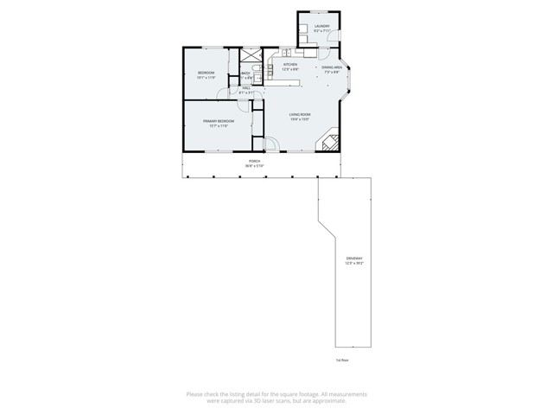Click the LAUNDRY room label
click(309, 27)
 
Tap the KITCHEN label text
click(290, 65)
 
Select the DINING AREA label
click(332, 67)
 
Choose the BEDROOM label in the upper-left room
click(206, 72)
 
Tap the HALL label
click(246, 87)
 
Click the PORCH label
click(255, 161)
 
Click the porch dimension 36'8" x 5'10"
click(255, 166)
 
